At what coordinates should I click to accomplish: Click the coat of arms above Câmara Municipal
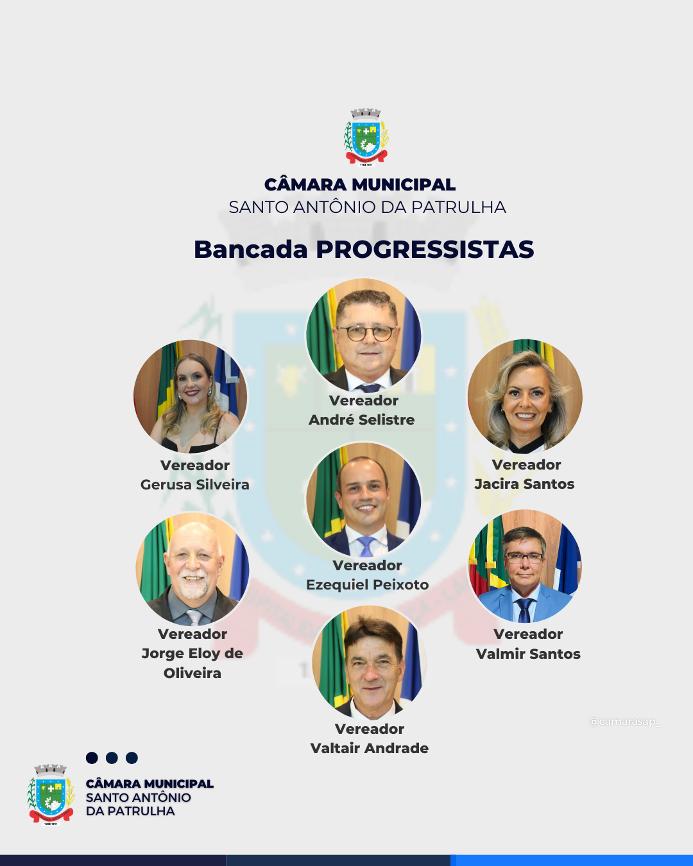point(366,137)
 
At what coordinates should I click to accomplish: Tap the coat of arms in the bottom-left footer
point(51,794)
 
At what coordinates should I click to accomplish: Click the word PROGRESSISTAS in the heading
point(425,250)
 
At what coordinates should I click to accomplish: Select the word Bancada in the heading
point(251,250)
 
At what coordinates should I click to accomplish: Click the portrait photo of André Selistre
point(364,335)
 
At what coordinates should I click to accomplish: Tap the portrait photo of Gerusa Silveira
point(191,396)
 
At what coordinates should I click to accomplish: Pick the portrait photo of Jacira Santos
point(525,396)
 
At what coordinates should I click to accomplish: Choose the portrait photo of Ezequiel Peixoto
point(364,499)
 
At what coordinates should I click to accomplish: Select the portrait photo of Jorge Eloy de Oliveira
point(193,568)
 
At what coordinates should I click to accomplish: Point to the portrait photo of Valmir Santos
point(525,566)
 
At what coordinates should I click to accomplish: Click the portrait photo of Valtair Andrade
point(370,663)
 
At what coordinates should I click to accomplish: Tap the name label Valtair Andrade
point(370,748)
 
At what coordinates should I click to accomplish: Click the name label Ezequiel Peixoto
point(368,584)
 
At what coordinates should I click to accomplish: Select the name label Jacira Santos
point(525,484)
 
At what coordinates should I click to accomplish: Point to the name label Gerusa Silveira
point(195,484)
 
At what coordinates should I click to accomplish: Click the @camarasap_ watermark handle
point(624,722)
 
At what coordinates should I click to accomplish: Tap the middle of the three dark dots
point(112,758)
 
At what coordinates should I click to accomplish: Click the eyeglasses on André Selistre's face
point(366,333)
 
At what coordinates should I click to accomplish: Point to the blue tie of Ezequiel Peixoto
point(366,546)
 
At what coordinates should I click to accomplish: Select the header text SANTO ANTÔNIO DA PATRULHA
point(367,207)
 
